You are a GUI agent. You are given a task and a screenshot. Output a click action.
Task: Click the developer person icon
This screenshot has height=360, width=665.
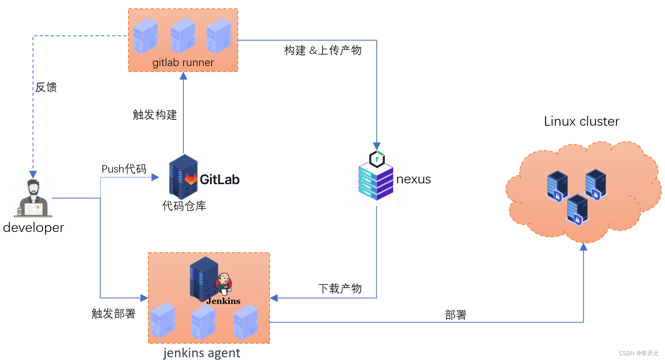tap(33, 198)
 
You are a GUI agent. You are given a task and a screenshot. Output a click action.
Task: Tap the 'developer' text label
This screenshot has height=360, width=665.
tap(33, 228)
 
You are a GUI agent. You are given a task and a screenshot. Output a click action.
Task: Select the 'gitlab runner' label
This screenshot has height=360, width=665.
tap(183, 62)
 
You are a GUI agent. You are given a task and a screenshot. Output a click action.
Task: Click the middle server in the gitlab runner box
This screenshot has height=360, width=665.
tap(183, 36)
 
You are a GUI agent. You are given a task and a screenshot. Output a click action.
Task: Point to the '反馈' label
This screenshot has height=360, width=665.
tap(46, 87)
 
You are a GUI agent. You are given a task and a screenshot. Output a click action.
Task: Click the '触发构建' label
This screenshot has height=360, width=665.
tap(155, 115)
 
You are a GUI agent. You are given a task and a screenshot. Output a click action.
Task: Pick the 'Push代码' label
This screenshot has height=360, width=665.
tap(124, 169)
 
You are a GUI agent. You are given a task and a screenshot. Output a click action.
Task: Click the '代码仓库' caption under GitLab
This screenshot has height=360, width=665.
tap(184, 206)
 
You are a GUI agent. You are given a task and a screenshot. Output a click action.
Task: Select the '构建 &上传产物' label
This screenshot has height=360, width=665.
tap(323, 51)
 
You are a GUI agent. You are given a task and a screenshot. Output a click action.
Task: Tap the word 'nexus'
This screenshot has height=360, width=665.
tap(413, 179)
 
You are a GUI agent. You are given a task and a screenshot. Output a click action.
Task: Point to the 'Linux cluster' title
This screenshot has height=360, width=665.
tap(581, 121)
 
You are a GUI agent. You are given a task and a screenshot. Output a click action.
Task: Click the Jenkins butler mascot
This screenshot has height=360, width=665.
tap(224, 284)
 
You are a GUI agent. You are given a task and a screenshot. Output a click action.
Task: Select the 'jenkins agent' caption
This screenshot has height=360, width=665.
tap(202, 353)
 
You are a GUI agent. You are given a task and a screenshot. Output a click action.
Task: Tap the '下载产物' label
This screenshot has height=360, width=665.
tap(340, 288)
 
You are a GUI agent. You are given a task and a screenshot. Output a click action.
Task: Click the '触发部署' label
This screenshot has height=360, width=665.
tap(114, 313)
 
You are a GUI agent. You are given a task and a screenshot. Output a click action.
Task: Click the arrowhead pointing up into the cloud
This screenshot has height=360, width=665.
tap(583, 247)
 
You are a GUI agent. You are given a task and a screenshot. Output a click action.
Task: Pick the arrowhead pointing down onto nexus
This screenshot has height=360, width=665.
tap(377, 146)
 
